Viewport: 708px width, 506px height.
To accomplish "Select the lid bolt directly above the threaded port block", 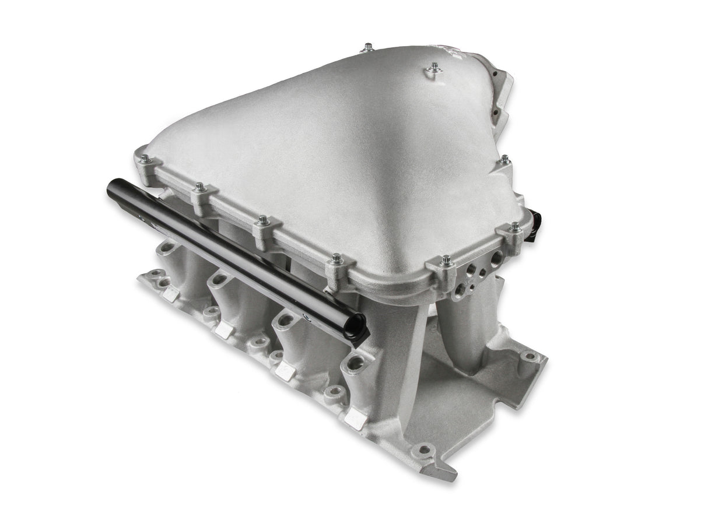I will point(446,261).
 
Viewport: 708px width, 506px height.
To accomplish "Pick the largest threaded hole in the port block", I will point(496,256).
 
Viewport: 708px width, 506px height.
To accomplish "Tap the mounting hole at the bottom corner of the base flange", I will point(424,449).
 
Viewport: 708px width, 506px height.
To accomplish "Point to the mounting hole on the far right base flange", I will point(529,356).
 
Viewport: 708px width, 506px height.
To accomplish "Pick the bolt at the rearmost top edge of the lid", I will point(368,47).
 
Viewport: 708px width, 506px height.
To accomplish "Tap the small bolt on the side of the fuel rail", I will point(304,318).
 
